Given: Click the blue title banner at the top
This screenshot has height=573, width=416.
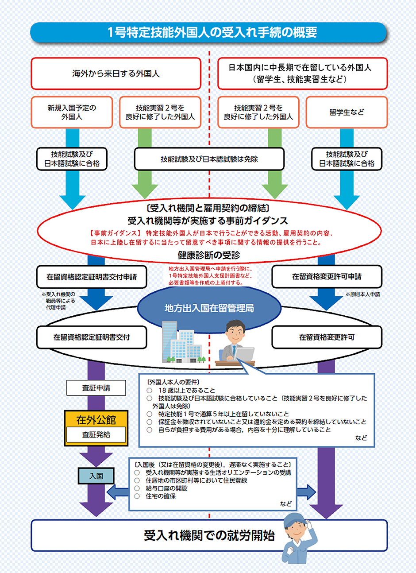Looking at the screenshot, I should point(208,32).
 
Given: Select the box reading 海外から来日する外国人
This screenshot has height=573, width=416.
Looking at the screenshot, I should point(116,74).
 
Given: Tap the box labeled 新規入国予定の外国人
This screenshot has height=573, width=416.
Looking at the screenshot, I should point(72,112).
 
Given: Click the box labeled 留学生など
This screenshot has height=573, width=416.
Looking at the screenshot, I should point(347,112).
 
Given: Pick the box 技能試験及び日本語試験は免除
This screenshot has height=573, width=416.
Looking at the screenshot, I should point(209,159).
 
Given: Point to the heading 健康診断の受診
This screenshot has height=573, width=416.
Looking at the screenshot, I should point(209,255).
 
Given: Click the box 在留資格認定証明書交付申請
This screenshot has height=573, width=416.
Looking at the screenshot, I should point(92,277).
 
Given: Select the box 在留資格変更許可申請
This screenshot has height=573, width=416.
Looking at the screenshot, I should point(327,277).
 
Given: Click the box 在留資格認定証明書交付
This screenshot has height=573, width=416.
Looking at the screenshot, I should point(92,337).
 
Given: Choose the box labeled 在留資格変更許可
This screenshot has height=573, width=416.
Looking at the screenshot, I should point(327,337).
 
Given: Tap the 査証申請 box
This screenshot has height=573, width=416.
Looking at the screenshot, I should point(96,388).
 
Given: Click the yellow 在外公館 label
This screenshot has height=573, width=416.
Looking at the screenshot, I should point(96,419).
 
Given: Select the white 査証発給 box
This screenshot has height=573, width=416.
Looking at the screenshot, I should point(96,435).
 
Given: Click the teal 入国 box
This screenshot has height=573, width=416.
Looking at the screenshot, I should point(96,476).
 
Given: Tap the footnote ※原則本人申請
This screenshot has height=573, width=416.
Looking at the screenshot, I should point(362,294).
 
